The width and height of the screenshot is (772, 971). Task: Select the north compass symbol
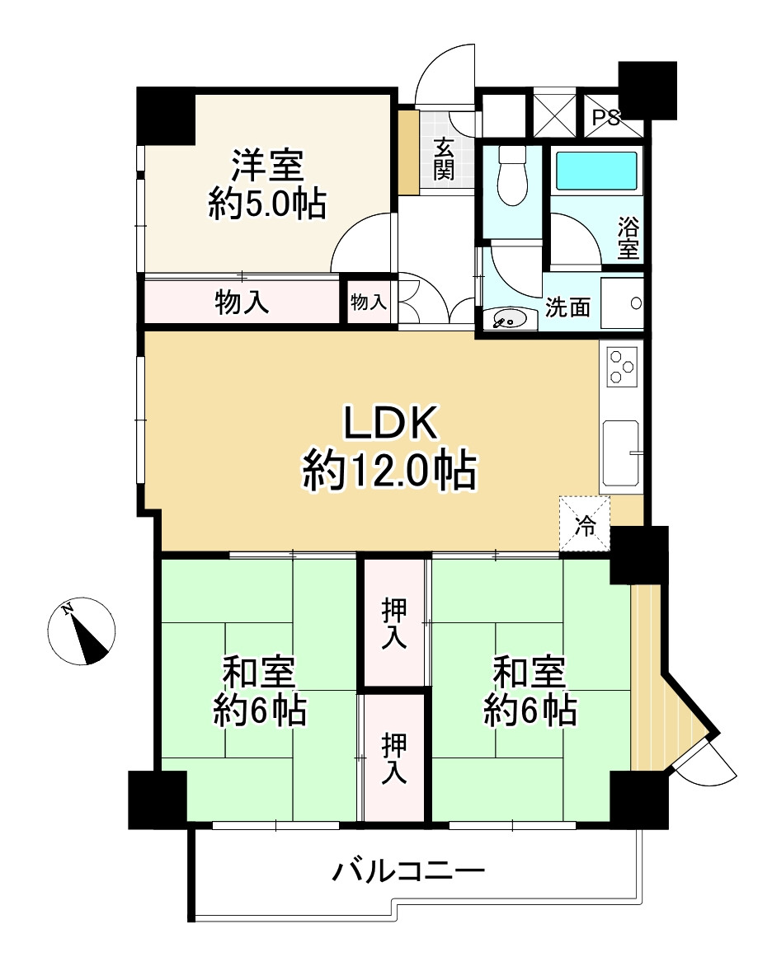(81, 631)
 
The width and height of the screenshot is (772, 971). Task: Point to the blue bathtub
(596, 171)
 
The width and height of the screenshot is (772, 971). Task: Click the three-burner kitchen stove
(621, 368)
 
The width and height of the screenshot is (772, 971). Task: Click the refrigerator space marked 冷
(585, 524)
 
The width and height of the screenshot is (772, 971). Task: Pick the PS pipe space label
(605, 118)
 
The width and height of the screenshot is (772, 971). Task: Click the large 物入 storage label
(242, 303)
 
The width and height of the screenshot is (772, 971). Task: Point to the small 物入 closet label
(369, 303)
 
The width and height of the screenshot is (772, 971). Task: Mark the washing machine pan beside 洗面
(621, 303)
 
